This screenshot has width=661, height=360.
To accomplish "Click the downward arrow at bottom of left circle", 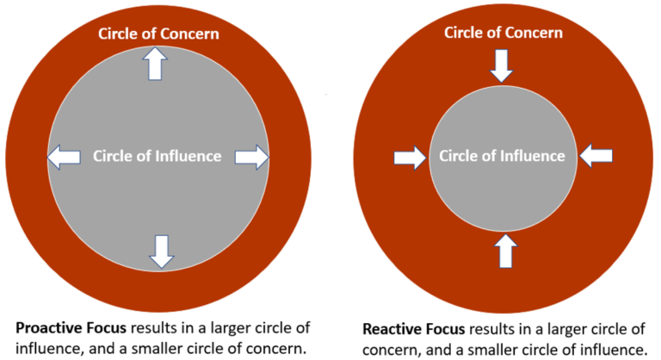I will [161, 250].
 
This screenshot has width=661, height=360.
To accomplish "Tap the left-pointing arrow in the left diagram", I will [65, 157].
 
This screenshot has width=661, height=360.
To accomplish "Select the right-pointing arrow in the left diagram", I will [252, 157].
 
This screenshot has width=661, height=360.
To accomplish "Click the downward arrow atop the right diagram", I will [501, 65].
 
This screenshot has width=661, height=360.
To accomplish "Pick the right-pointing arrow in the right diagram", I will [410, 158].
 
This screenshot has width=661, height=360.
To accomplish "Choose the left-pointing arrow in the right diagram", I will [596, 156].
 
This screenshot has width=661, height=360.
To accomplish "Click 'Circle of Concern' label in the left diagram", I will [158, 34].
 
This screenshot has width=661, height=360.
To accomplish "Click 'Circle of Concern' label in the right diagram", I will [503, 33].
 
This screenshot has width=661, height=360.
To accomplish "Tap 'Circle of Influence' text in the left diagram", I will [158, 157].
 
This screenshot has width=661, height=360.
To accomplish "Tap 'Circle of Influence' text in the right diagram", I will [503, 156].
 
